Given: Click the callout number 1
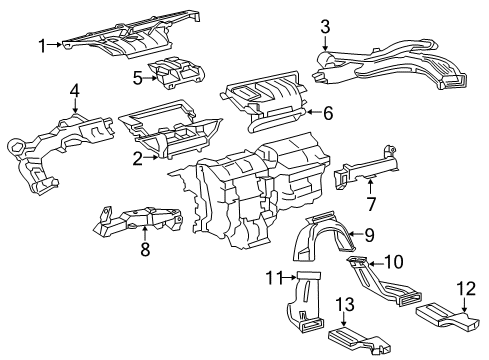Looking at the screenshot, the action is (42, 45).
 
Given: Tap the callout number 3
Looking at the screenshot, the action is (325, 27).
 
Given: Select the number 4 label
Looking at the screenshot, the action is (75, 91).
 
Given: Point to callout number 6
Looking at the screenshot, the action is (328, 113).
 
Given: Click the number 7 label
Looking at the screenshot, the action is (371, 204).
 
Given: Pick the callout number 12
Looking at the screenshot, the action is (466, 289).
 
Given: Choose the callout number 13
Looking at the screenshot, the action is (345, 304).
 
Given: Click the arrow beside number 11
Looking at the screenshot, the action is (289, 277).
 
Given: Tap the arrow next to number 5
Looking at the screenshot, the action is (151, 78).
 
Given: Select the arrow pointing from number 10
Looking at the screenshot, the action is (375, 264).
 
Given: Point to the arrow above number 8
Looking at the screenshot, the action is (144, 233).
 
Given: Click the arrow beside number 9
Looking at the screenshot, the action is (356, 234).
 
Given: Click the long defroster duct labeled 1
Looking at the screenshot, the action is (131, 37).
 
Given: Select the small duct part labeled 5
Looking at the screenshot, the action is (177, 73).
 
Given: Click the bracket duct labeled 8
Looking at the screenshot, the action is (137, 220).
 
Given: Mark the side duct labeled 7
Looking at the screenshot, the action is (367, 167).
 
